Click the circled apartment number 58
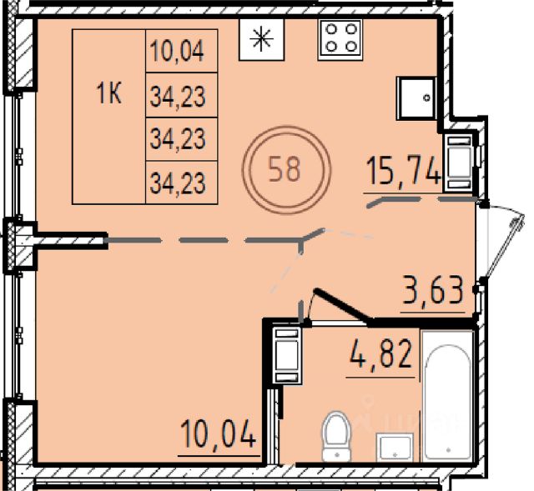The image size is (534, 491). pos(286,170)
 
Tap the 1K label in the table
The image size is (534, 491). pos(109,93)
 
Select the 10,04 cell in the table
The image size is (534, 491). pos(182,51)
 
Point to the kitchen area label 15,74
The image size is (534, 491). pos(403,172)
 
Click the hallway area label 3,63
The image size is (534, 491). pos(433,290)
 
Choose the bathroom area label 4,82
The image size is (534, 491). pos(380,354)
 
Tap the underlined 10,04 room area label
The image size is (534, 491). pos(219,433)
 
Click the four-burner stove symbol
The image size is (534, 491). pos(340,40)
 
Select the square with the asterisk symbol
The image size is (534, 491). pos(261,39)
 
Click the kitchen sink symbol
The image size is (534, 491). pos(416,98)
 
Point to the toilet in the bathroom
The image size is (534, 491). pos(336,437)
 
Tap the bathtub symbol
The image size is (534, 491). pos(448,397)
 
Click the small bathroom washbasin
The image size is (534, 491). pos(395,448)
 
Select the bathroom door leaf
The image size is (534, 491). pos(343,305)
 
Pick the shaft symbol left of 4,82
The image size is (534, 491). pos(287,355)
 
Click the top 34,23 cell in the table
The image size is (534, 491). pos(182,95)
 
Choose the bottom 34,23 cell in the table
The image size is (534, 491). pos(182,183)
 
